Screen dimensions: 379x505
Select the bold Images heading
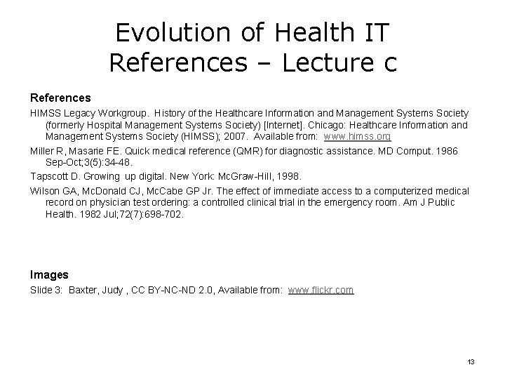pos(49,274)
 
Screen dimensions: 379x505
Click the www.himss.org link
pos(357,136)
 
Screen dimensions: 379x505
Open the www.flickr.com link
pos(321,289)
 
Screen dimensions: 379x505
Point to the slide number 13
pos(471,361)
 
